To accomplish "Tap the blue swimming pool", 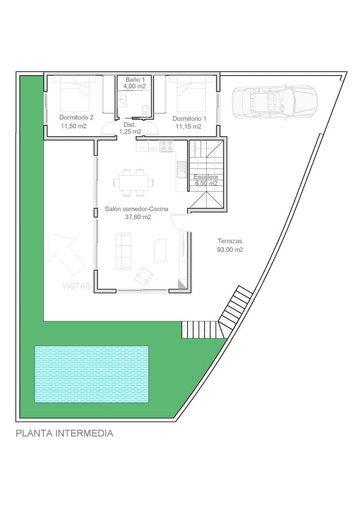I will coord(91,374).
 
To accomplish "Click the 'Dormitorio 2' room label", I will coord(76,117).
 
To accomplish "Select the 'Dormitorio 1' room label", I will coord(189,119).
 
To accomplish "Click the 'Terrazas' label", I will coord(230,241).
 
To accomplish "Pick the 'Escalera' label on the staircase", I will coord(206,177).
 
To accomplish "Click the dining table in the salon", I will coord(133,183).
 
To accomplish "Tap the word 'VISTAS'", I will coord(76,286).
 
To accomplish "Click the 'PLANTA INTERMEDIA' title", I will coord(65,433).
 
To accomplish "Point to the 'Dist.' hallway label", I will coord(129,125).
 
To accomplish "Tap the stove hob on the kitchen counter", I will coord(166,146).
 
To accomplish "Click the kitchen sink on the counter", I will coord(181,169).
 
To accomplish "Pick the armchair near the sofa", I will coord(143,276).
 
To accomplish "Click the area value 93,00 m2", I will coord(230,250).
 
